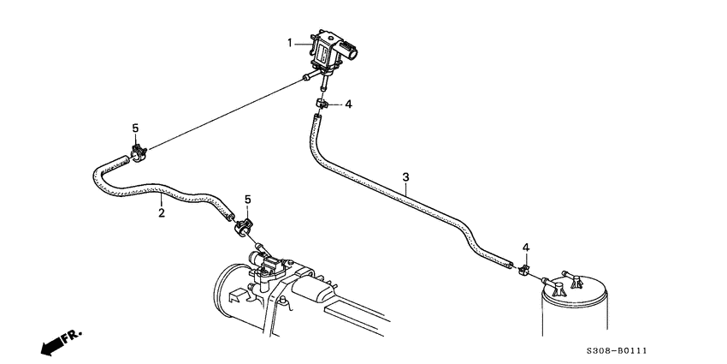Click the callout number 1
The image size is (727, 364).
(x=290, y=43)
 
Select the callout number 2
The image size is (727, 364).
(x=162, y=213)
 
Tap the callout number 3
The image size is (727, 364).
(x=405, y=177)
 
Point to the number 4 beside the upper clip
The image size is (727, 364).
(x=348, y=104)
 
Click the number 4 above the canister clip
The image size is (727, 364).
(x=526, y=248)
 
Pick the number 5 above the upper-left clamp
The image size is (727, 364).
(x=135, y=128)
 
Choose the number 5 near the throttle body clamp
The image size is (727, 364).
(x=247, y=200)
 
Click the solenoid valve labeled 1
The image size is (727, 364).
(x=330, y=52)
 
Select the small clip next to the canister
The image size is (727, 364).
(x=524, y=269)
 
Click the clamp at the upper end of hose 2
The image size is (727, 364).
(x=139, y=153)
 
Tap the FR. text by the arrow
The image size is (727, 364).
(x=73, y=336)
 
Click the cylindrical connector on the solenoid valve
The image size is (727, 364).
(x=351, y=49)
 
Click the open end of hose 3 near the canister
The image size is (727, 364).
(x=510, y=264)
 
